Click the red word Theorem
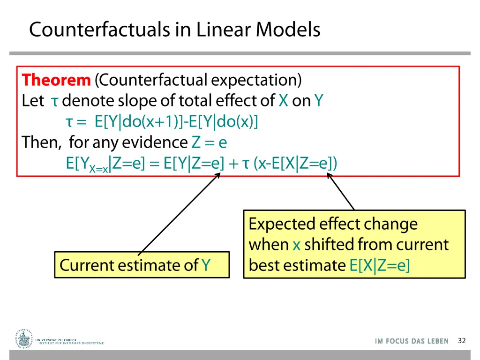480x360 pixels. click(x=56, y=80)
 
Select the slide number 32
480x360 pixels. click(x=461, y=341)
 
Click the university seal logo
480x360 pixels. click(x=23, y=338)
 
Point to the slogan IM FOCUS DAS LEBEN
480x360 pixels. click(x=412, y=341)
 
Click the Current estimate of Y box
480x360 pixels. click(x=142, y=265)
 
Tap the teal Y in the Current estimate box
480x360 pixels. click(x=206, y=265)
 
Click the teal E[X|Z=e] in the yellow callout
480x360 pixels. click(x=379, y=265)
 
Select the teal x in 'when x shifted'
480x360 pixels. click(x=296, y=245)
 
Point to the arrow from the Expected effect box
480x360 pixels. click(x=341, y=192)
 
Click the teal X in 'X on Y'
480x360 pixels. click(x=283, y=101)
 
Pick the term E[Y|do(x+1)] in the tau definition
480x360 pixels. click(x=139, y=122)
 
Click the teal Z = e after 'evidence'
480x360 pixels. click(x=209, y=142)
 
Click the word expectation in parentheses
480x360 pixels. click(x=256, y=80)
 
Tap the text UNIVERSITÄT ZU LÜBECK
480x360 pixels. click(x=56, y=340)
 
